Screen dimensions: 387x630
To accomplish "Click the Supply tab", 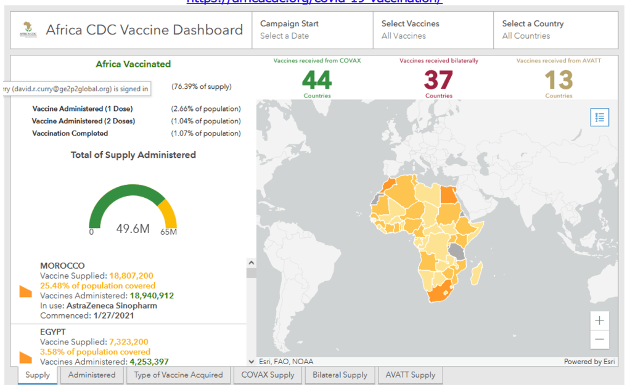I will point(38,375).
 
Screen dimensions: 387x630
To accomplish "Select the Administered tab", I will point(91,375).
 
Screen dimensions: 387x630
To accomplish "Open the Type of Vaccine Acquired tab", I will point(178,375).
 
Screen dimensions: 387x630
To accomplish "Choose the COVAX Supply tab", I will point(268,375).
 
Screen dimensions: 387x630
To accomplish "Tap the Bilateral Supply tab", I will point(340,375).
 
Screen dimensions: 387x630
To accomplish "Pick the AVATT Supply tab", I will point(410,375).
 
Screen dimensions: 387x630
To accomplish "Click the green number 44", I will point(317,80).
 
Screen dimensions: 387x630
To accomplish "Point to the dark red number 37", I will point(438,80).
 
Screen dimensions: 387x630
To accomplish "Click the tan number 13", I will point(558,80).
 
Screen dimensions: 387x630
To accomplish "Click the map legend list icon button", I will point(599,117).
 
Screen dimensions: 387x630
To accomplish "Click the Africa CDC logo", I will point(27,30).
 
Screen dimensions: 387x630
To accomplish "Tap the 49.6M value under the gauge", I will point(133,229).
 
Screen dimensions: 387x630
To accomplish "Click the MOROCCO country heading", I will point(62,266).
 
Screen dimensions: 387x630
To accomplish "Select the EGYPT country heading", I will point(53,332).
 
